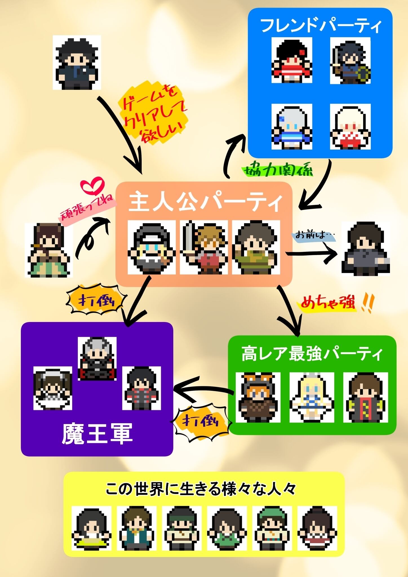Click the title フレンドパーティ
321,26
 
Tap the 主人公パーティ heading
205,202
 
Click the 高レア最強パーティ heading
312,354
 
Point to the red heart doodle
92,185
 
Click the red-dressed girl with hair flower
292,60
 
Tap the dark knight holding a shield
350,60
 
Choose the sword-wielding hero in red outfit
203,247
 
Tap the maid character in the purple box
53,388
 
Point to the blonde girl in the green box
312,398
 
